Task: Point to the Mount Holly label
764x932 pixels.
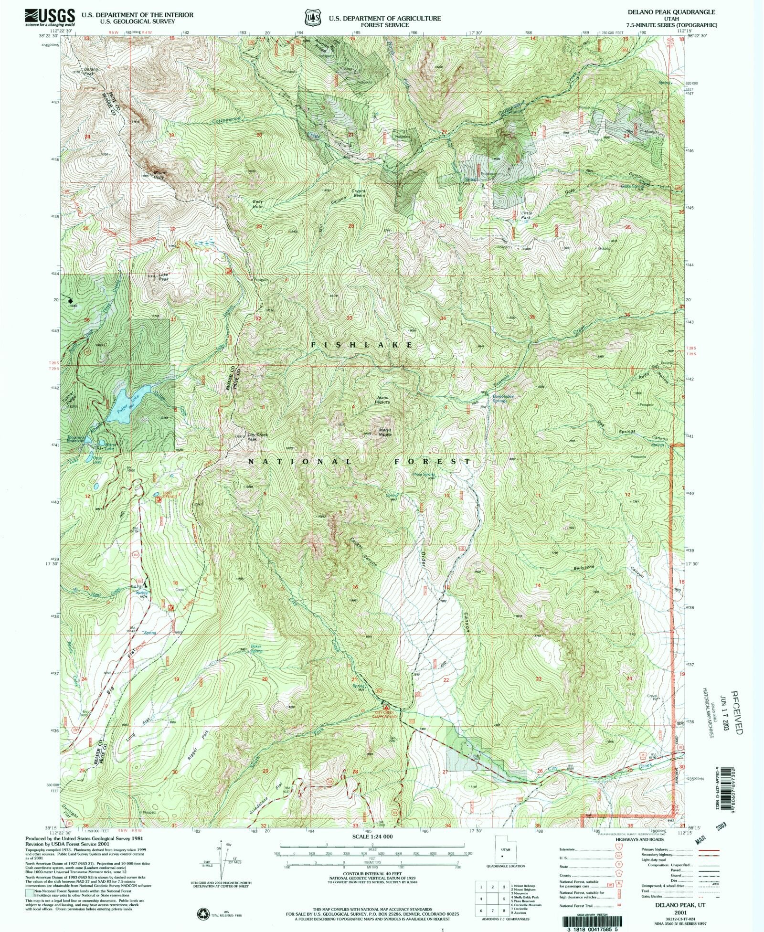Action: pyautogui.click(x=159, y=175)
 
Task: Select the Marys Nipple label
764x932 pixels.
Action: pyautogui.click(x=385, y=432)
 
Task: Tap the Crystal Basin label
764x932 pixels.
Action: pyautogui.click(x=359, y=194)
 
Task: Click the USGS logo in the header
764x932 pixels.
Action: pyautogui.click(x=50, y=17)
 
